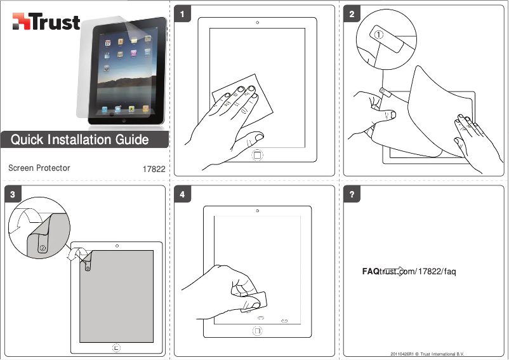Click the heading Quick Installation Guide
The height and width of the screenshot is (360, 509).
80,140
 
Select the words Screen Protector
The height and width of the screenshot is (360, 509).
39,168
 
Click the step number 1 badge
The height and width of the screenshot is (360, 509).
183,14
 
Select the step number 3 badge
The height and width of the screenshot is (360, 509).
13,194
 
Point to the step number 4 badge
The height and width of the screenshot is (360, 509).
183,194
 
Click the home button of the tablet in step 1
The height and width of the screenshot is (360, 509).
257,154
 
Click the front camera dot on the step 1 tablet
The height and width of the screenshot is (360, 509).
257,22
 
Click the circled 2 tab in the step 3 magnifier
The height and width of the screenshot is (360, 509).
43,248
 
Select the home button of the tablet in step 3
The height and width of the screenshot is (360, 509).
116,347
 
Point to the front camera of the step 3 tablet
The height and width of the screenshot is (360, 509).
117,245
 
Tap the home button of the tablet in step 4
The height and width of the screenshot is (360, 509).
257,330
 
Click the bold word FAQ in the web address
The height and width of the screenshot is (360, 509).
371,272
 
